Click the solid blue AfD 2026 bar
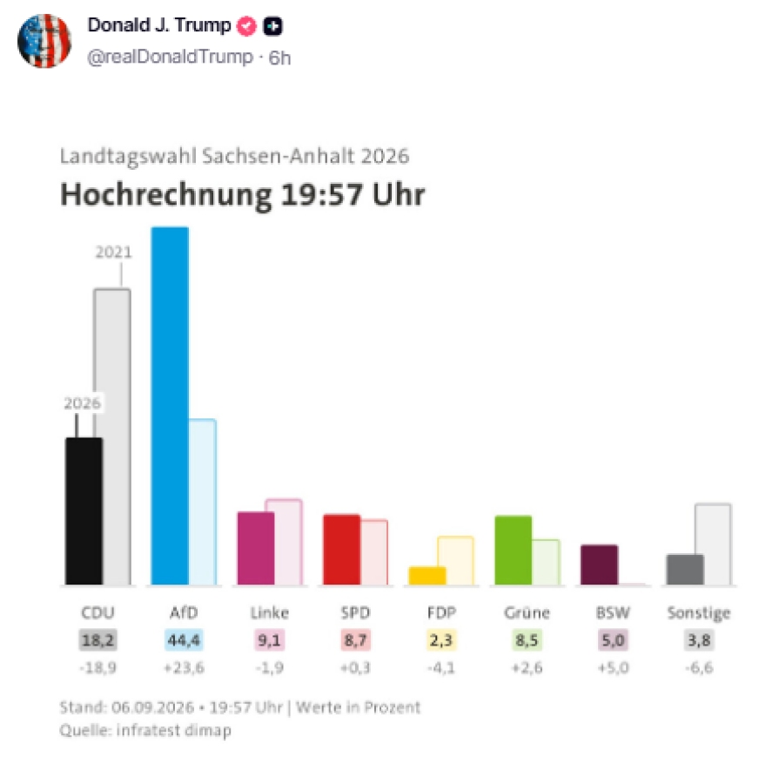(x=170, y=405)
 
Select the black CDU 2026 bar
(x=84, y=511)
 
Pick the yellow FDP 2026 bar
(x=427, y=576)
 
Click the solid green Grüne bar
(x=514, y=550)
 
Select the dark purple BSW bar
(x=600, y=565)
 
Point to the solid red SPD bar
(x=342, y=550)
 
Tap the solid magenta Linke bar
(x=256, y=548)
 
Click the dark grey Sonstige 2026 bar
(x=685, y=569)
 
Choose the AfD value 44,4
(x=184, y=640)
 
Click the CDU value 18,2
(x=97, y=640)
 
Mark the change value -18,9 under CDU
(x=97, y=667)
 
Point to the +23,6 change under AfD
(x=184, y=667)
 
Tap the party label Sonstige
(x=699, y=613)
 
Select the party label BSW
(x=613, y=612)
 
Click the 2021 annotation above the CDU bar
(x=113, y=253)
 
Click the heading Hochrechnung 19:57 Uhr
(x=242, y=194)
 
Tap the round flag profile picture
(x=44, y=41)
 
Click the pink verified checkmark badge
(x=246, y=26)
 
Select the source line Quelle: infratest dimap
(x=145, y=731)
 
